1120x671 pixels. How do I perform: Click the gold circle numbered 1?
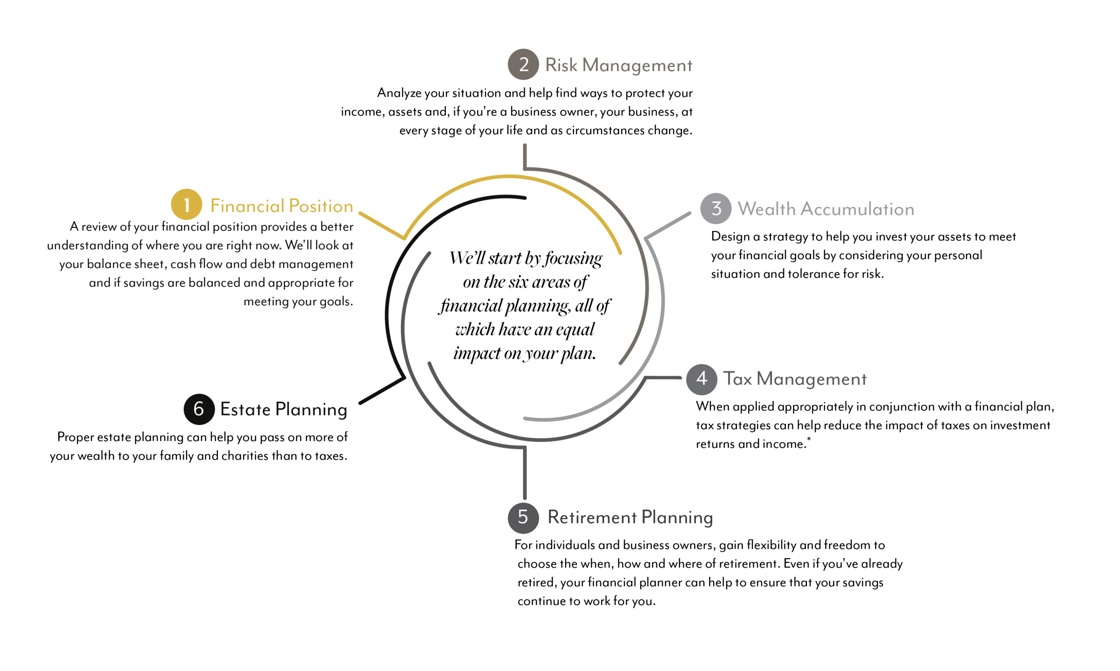186,204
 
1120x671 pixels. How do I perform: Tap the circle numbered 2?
523,64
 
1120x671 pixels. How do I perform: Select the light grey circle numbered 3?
715,208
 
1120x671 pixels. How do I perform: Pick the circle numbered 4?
701,379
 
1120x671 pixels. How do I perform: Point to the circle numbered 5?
523,518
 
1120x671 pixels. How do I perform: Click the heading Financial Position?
282,206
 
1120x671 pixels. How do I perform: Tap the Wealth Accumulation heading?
826,209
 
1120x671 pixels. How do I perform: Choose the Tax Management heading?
795,379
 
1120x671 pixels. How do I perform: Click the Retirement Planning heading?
630,517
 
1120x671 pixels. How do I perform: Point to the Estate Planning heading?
284,410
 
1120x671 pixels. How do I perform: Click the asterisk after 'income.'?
809,439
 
